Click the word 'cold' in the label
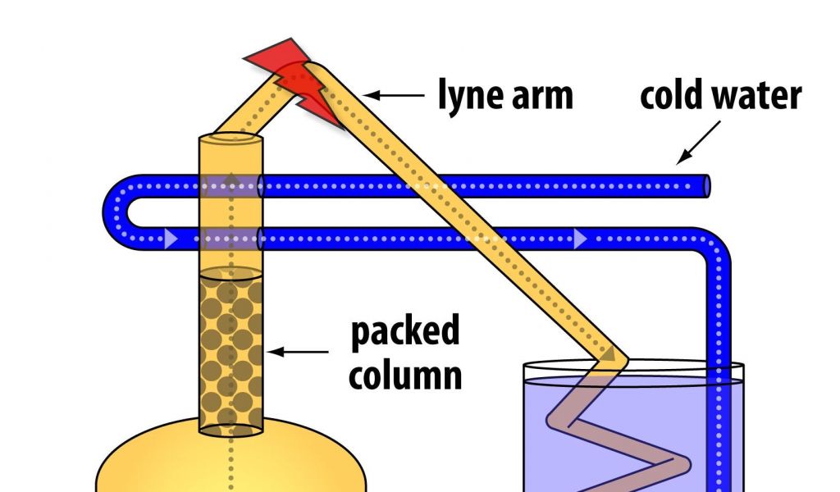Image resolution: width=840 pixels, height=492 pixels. (x=672, y=96)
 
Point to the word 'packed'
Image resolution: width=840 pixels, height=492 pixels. (x=404, y=332)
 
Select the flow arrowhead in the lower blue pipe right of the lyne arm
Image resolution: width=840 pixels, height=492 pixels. (x=580, y=239)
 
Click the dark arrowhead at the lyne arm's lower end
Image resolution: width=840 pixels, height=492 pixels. (x=610, y=353)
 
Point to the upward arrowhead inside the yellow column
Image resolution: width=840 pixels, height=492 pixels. (x=231, y=180)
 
